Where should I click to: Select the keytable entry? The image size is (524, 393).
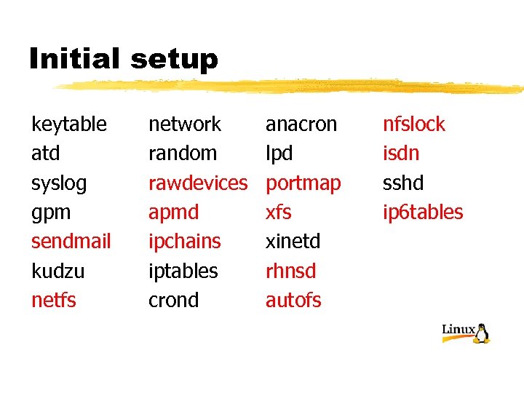click(69, 124)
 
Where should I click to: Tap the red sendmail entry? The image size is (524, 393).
click(71, 242)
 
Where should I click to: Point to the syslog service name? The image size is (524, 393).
click(59, 183)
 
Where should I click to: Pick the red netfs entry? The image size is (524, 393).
click(54, 300)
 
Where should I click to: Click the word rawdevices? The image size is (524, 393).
click(198, 183)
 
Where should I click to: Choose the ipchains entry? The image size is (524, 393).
click(185, 242)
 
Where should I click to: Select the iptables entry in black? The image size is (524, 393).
click(183, 271)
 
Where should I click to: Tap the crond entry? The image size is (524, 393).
click(174, 300)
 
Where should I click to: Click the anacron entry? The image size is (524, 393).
click(301, 124)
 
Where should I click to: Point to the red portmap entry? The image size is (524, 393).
click(303, 183)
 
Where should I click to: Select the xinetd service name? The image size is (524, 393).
click(293, 242)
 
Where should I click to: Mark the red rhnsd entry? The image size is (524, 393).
click(291, 271)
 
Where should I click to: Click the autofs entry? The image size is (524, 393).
click(293, 300)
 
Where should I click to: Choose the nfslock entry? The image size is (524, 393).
click(414, 124)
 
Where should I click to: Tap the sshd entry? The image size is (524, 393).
click(403, 183)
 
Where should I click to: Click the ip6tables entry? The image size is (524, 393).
click(423, 213)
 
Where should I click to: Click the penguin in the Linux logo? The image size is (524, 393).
click(481, 333)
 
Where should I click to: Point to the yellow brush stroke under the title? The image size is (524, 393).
click(291, 87)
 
